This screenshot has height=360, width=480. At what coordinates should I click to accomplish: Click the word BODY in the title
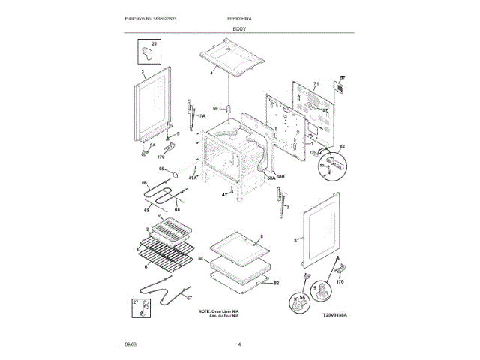[x=239, y=27]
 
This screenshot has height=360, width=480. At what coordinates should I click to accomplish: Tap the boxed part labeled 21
[x=147, y=54]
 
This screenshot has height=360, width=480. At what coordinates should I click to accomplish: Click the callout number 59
[x=215, y=108]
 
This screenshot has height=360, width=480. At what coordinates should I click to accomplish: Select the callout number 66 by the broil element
[x=145, y=184]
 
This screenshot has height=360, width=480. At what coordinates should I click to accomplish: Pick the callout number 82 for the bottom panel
[x=276, y=283]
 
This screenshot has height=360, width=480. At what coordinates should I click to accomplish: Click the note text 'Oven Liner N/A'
[x=219, y=310]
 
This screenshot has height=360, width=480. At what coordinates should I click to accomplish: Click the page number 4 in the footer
[x=239, y=344]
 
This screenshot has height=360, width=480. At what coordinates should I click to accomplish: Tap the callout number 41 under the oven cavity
[x=223, y=194]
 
